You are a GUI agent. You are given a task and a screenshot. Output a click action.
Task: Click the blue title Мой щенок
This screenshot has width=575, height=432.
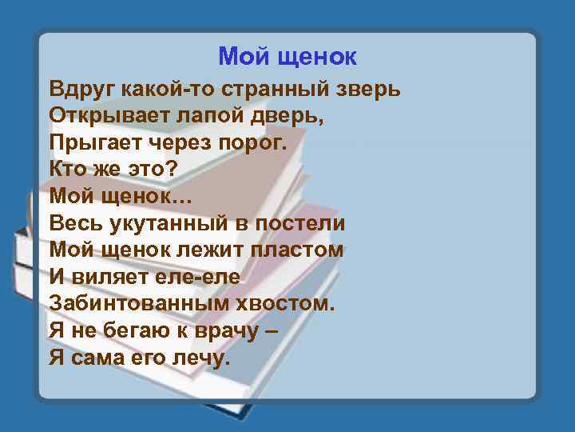287,57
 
